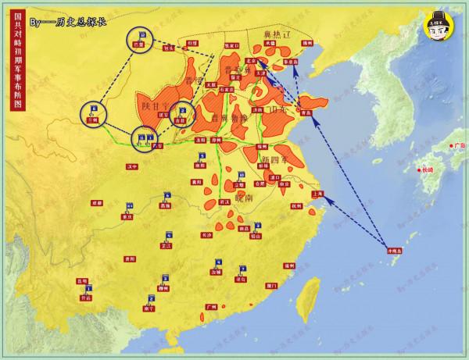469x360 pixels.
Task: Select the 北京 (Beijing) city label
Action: coord(251,60)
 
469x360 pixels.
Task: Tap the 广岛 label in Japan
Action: coord(459,145)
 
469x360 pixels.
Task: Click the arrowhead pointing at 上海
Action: coord(328,200)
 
